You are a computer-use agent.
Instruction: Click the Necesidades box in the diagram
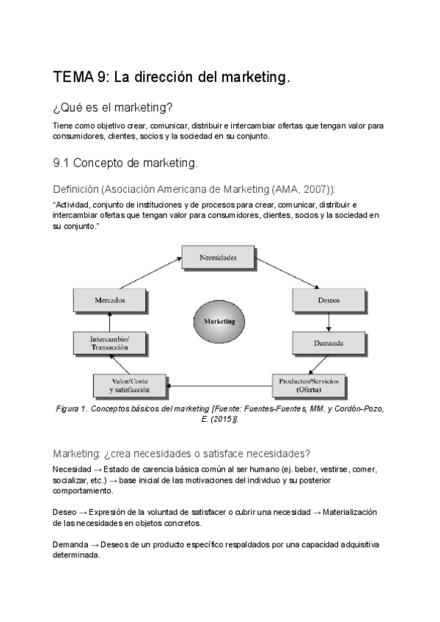pyautogui.click(x=218, y=258)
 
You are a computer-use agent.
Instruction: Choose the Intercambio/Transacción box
pyautogui.click(x=109, y=342)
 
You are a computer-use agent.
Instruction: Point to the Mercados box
pyautogui.click(x=109, y=299)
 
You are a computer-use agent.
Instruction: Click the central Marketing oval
pyautogui.click(x=219, y=321)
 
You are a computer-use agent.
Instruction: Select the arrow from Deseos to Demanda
pyautogui.click(x=329, y=321)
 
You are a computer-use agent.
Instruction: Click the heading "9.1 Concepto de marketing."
pyautogui.click(x=125, y=162)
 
